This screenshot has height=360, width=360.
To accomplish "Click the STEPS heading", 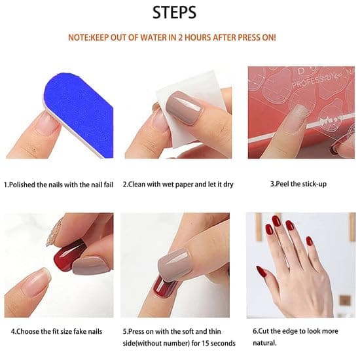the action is pyautogui.click(x=174, y=12).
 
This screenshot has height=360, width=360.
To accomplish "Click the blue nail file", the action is pyautogui.click(x=79, y=113).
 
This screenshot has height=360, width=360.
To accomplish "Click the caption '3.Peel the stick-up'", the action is pyautogui.click(x=298, y=184).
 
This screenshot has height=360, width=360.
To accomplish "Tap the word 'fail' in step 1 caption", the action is pyautogui.click(x=109, y=185).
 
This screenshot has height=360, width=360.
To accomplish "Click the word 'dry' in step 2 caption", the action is pyautogui.click(x=228, y=185).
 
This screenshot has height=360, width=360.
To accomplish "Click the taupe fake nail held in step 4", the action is pyautogui.click(x=90, y=266).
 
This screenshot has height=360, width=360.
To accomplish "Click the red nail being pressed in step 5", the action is pyautogui.click(x=164, y=287).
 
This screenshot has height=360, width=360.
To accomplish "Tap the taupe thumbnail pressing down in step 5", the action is pyautogui.click(x=175, y=265).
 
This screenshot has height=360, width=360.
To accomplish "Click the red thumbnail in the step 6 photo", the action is pyautogui.click(x=261, y=272).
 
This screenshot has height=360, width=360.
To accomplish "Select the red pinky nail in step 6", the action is pyautogui.click(x=309, y=242).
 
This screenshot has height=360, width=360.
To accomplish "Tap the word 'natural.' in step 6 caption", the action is pyautogui.click(x=264, y=343).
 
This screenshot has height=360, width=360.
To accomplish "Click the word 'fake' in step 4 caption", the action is pyautogui.click(x=80, y=332).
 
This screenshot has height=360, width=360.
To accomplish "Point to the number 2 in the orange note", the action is pyautogui.click(x=181, y=37).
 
